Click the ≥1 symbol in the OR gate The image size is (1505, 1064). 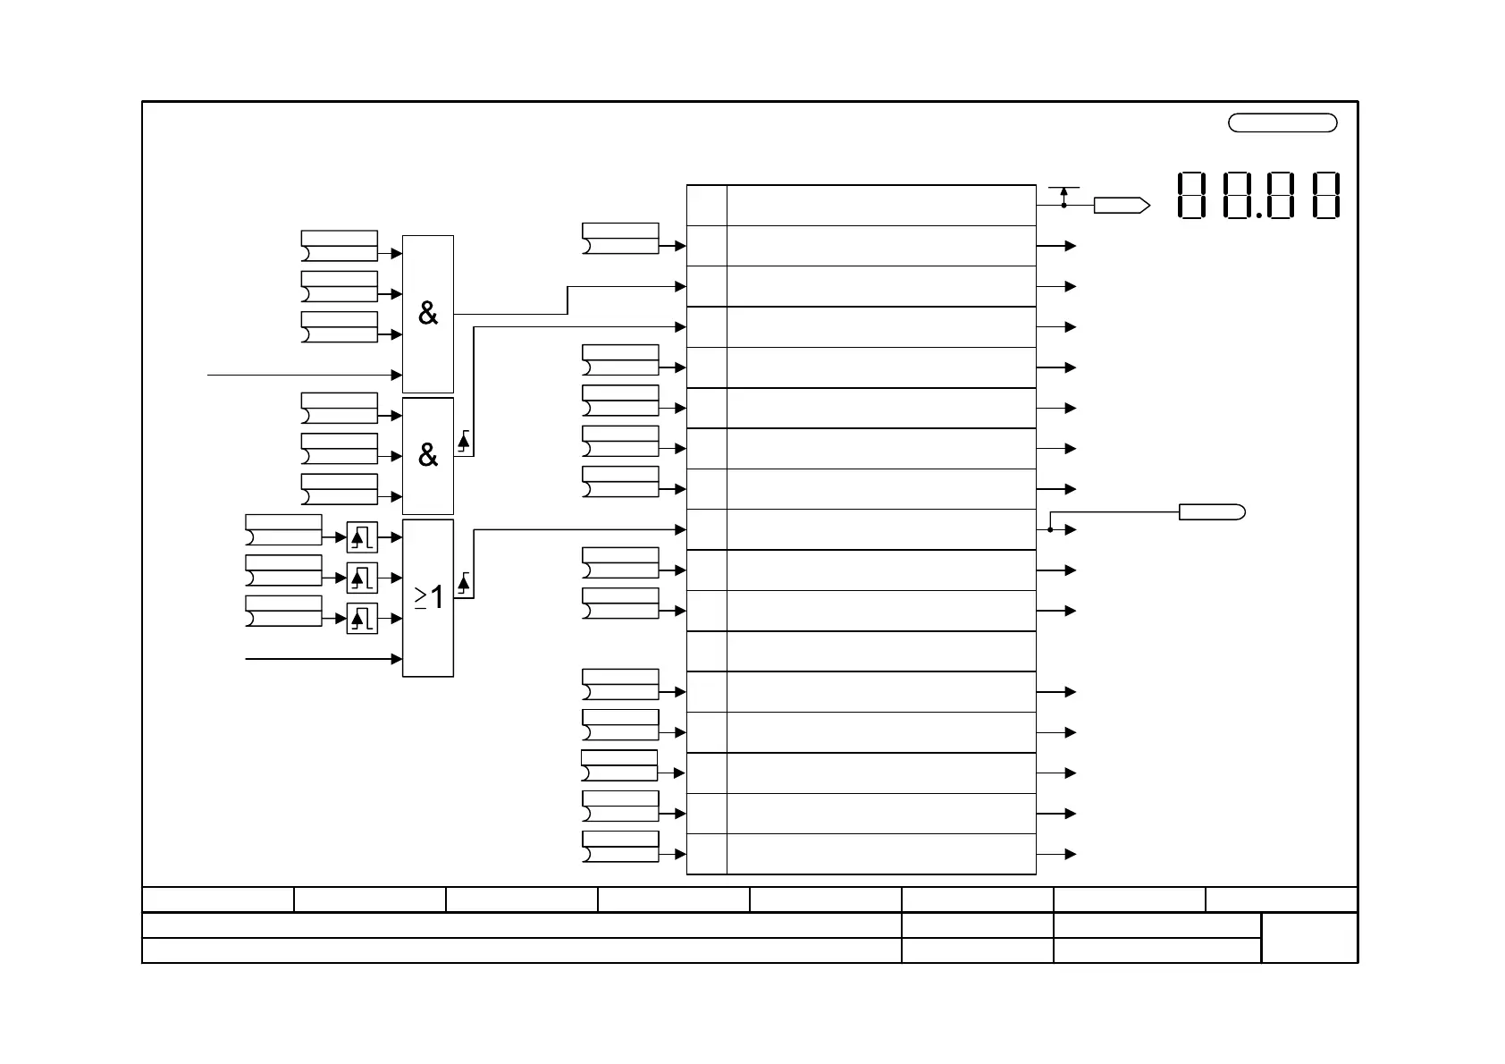pos(429,597)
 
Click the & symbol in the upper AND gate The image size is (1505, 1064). pos(428,314)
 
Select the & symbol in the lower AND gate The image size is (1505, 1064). pos(428,456)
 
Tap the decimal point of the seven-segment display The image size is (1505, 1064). pos(1258,215)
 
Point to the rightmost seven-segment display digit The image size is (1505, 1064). pos(1326,196)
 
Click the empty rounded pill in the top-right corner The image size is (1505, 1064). pos(1282,123)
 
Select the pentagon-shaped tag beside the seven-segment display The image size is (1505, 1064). pos(1121,206)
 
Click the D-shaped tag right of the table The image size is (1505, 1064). pos(1211,512)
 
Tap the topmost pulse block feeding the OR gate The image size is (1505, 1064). pos(362,537)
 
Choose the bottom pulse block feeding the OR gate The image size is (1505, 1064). pos(362,619)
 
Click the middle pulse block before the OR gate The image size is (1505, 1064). pos(362,578)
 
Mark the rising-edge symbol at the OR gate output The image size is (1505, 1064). pos(463,586)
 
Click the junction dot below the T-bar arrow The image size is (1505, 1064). pos(1064,206)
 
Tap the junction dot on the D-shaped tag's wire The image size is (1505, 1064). pos(1050,530)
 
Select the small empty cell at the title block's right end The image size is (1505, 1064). pos(1309,938)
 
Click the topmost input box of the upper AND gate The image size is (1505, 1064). pos(339,246)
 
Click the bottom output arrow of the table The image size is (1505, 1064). pos(1070,855)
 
